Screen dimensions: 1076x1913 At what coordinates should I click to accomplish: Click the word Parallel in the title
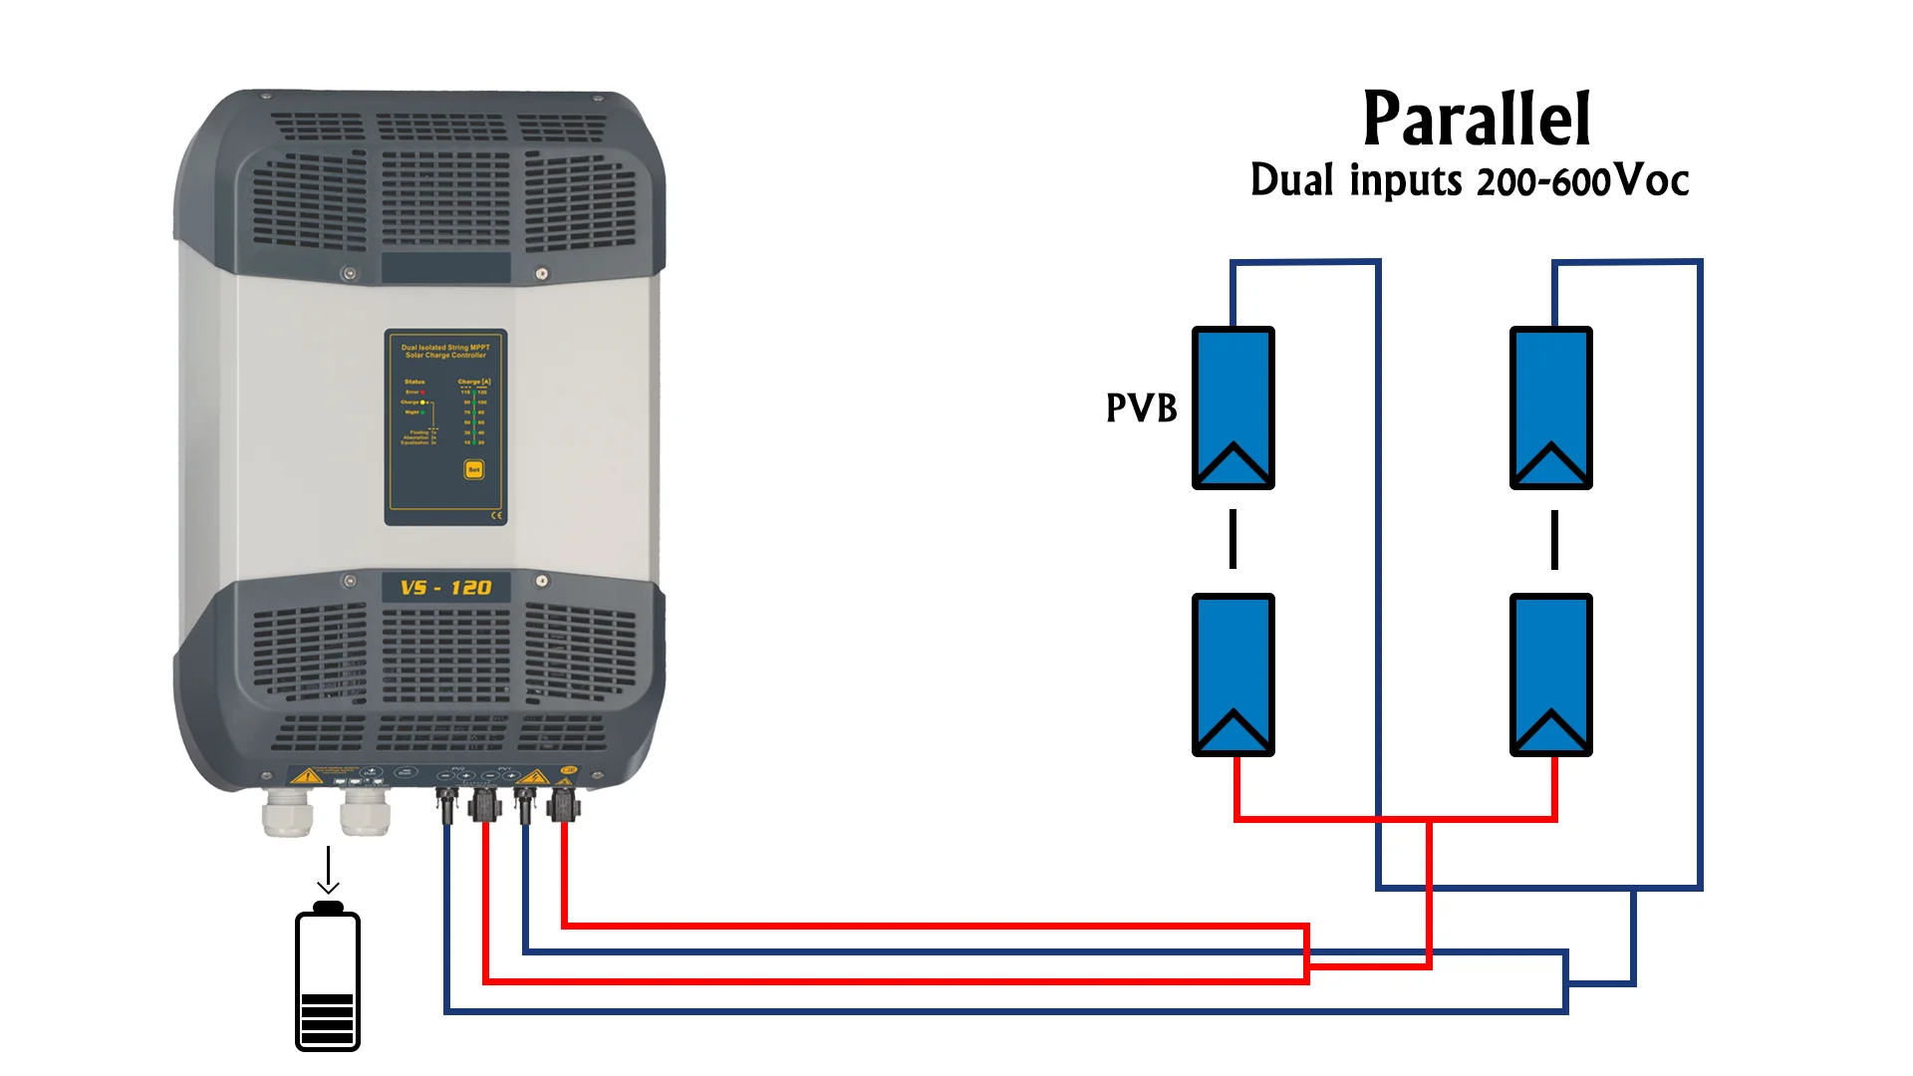(1476, 120)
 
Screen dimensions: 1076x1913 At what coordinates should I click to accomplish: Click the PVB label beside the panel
(1141, 407)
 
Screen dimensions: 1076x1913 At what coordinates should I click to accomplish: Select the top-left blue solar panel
(1232, 407)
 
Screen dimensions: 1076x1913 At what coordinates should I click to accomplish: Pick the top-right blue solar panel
(1550, 407)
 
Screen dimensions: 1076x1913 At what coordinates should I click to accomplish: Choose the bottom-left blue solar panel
(1232, 674)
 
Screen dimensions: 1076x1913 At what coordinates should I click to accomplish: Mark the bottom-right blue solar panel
(1550, 674)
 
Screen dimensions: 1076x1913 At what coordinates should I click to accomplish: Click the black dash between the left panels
(1232, 539)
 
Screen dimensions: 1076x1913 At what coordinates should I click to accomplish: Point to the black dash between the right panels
(1554, 539)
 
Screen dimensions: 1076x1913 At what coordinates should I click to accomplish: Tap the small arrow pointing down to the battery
(328, 872)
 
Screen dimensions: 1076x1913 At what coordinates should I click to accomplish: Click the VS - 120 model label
(445, 588)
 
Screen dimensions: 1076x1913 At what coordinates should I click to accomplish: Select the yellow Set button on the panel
(474, 469)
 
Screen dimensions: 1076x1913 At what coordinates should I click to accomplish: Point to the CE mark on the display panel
(496, 515)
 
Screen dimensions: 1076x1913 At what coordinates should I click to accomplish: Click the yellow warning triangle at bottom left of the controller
(308, 775)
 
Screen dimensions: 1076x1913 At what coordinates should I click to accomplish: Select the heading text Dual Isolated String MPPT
(445, 348)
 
